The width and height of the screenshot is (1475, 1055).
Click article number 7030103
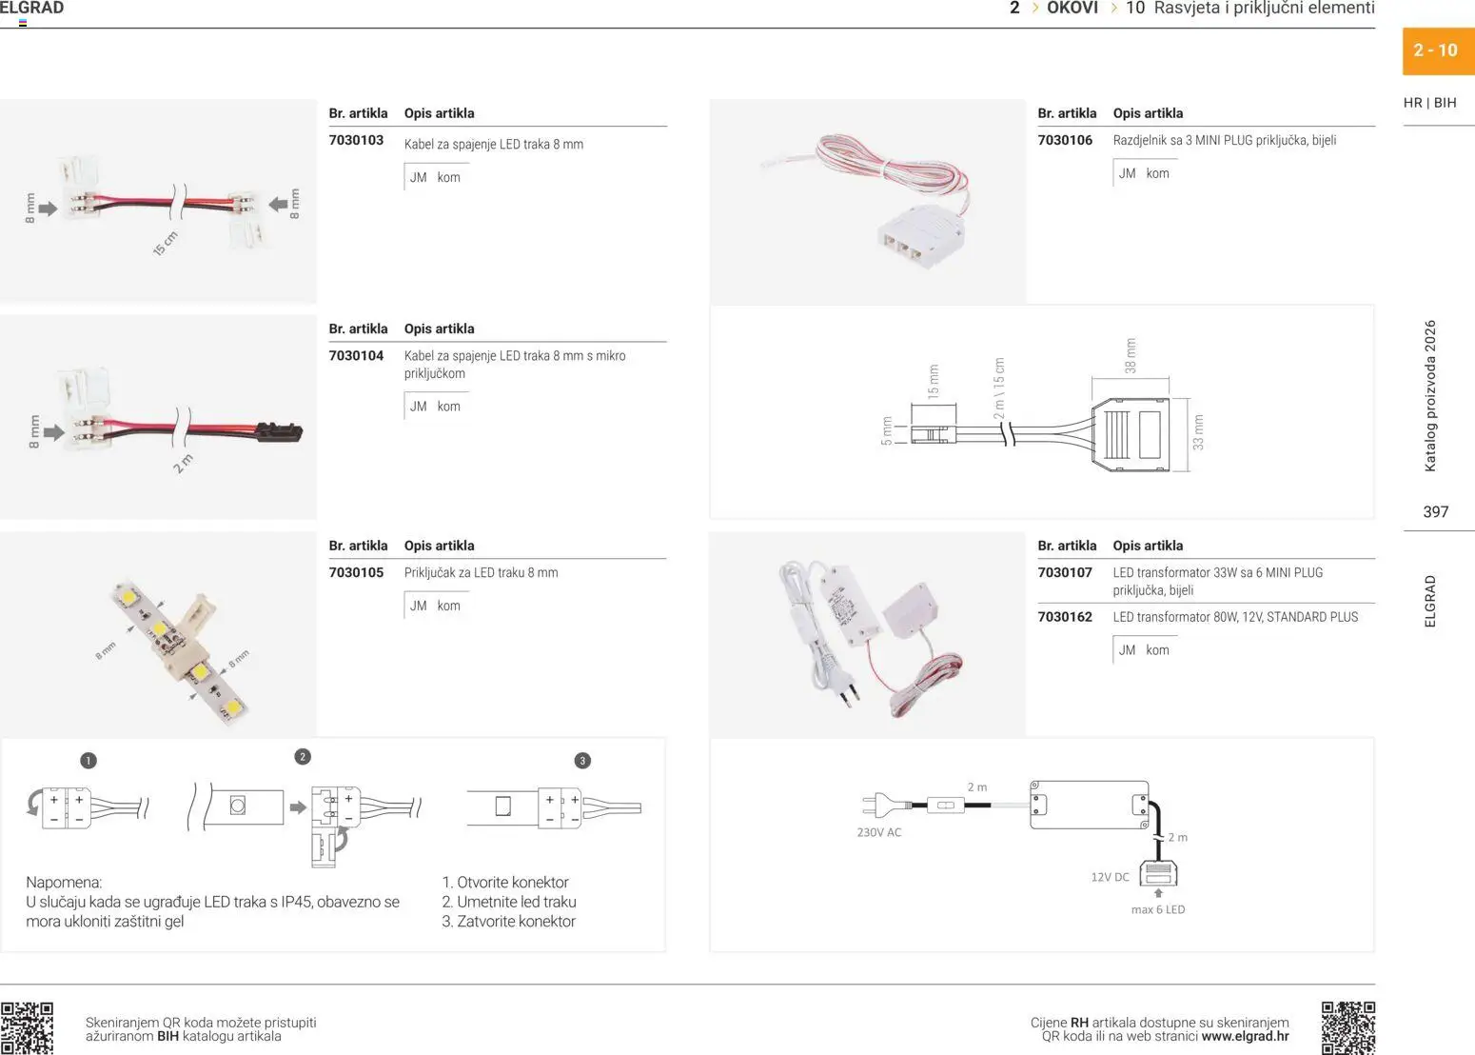pyautogui.click(x=356, y=141)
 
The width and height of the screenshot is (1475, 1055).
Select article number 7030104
pyautogui.click(x=356, y=356)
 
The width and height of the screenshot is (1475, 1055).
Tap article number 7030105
pyautogui.click(x=356, y=573)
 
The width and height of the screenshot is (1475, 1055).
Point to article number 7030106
pyautogui.click(x=1065, y=141)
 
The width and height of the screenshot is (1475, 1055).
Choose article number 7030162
pyautogui.click(x=1065, y=617)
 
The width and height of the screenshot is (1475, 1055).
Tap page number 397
pyautogui.click(x=1435, y=512)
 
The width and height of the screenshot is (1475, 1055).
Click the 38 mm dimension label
pyautogui.click(x=1131, y=355)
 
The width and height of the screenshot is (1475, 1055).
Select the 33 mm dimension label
pyautogui.click(x=1198, y=431)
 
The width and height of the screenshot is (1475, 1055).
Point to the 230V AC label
pyautogui.click(x=878, y=832)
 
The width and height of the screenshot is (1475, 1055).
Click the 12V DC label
pyautogui.click(x=1110, y=877)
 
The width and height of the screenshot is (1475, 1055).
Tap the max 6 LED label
pyautogui.click(x=1157, y=910)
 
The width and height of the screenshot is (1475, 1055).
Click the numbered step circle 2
pyautogui.click(x=303, y=757)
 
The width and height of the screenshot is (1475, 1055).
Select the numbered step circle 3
pyautogui.click(x=582, y=761)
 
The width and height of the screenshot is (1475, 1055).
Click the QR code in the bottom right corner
pyautogui.click(x=1347, y=1027)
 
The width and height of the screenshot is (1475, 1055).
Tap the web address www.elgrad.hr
pyautogui.click(x=1245, y=1037)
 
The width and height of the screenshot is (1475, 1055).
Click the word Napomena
pyautogui.click(x=64, y=883)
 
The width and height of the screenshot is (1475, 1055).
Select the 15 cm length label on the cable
pyautogui.click(x=166, y=244)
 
